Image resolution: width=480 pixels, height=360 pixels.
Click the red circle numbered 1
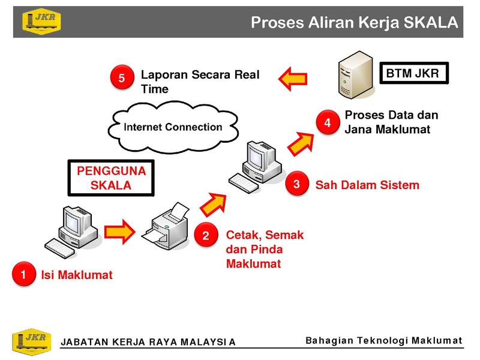[x=24, y=274]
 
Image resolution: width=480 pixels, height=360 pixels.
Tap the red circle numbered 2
[x=206, y=235]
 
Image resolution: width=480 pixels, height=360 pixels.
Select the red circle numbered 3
[x=296, y=184]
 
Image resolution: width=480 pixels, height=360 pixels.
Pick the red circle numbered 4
[x=328, y=122]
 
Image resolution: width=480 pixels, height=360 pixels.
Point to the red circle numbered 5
[x=122, y=77]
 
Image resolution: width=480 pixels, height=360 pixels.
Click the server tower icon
[x=356, y=75]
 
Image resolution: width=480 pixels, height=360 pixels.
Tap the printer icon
[x=166, y=226]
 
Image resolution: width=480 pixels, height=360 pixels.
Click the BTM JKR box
[x=414, y=73]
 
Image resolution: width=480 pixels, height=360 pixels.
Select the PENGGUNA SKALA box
[x=111, y=178]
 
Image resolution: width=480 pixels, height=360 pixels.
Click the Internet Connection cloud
[x=173, y=127]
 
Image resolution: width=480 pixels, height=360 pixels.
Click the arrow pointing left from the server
[x=293, y=79]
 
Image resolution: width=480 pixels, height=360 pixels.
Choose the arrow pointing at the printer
[x=119, y=232]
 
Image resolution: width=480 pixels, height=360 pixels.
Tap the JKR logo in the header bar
[x=41, y=22]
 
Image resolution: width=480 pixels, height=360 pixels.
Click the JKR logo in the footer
[x=32, y=341]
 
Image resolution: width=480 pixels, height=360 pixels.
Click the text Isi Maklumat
[x=77, y=275]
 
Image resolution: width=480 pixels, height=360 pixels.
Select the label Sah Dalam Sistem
[x=367, y=185]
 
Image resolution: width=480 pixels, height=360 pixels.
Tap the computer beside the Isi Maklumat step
[x=72, y=232]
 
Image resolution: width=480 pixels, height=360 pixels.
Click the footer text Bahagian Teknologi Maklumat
[x=384, y=340]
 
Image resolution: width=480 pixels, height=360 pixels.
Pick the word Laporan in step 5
[x=164, y=74]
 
